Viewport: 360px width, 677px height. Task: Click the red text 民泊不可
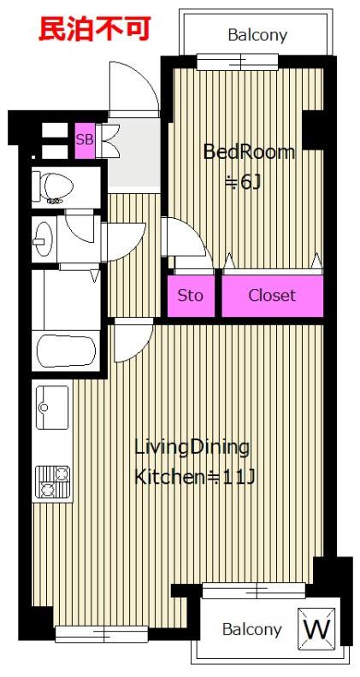pos(94,28)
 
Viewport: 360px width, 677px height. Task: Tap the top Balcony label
pos(257,35)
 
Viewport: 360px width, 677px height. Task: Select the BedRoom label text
pos(249,152)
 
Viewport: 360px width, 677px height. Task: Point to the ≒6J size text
pos(244,183)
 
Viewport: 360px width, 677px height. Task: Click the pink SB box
pos(85,140)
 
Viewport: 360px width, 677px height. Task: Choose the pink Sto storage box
pos(191,296)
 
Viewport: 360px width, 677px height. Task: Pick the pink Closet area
pos(272,296)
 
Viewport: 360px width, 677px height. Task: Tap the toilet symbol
pos(53,187)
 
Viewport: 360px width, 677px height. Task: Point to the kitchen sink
pos(52,407)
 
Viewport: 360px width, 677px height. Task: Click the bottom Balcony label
pos(251,630)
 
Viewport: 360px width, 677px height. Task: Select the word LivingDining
pos(192,448)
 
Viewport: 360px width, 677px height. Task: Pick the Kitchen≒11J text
pos(196,477)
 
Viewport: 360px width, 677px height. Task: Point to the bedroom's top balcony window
pos(237,62)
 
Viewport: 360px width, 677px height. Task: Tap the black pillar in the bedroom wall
pos(312,130)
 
